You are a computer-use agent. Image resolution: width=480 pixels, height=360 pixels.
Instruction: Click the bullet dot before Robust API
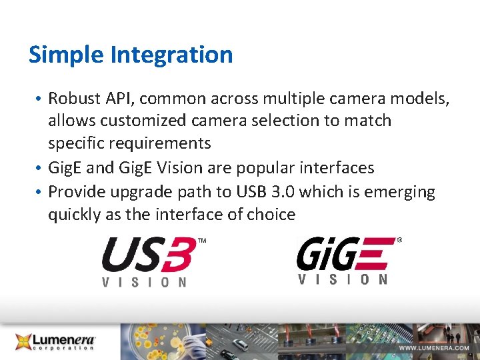click(x=41, y=99)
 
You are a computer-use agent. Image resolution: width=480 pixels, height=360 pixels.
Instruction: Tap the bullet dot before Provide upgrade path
click(x=41, y=193)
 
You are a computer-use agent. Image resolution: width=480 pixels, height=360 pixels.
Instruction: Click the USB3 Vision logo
click(x=151, y=261)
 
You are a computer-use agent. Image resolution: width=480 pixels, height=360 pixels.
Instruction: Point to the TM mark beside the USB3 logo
click(x=202, y=240)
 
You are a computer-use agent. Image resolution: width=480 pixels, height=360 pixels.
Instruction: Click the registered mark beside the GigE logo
click(x=399, y=239)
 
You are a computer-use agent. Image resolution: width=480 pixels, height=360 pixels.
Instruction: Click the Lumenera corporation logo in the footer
click(x=57, y=341)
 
